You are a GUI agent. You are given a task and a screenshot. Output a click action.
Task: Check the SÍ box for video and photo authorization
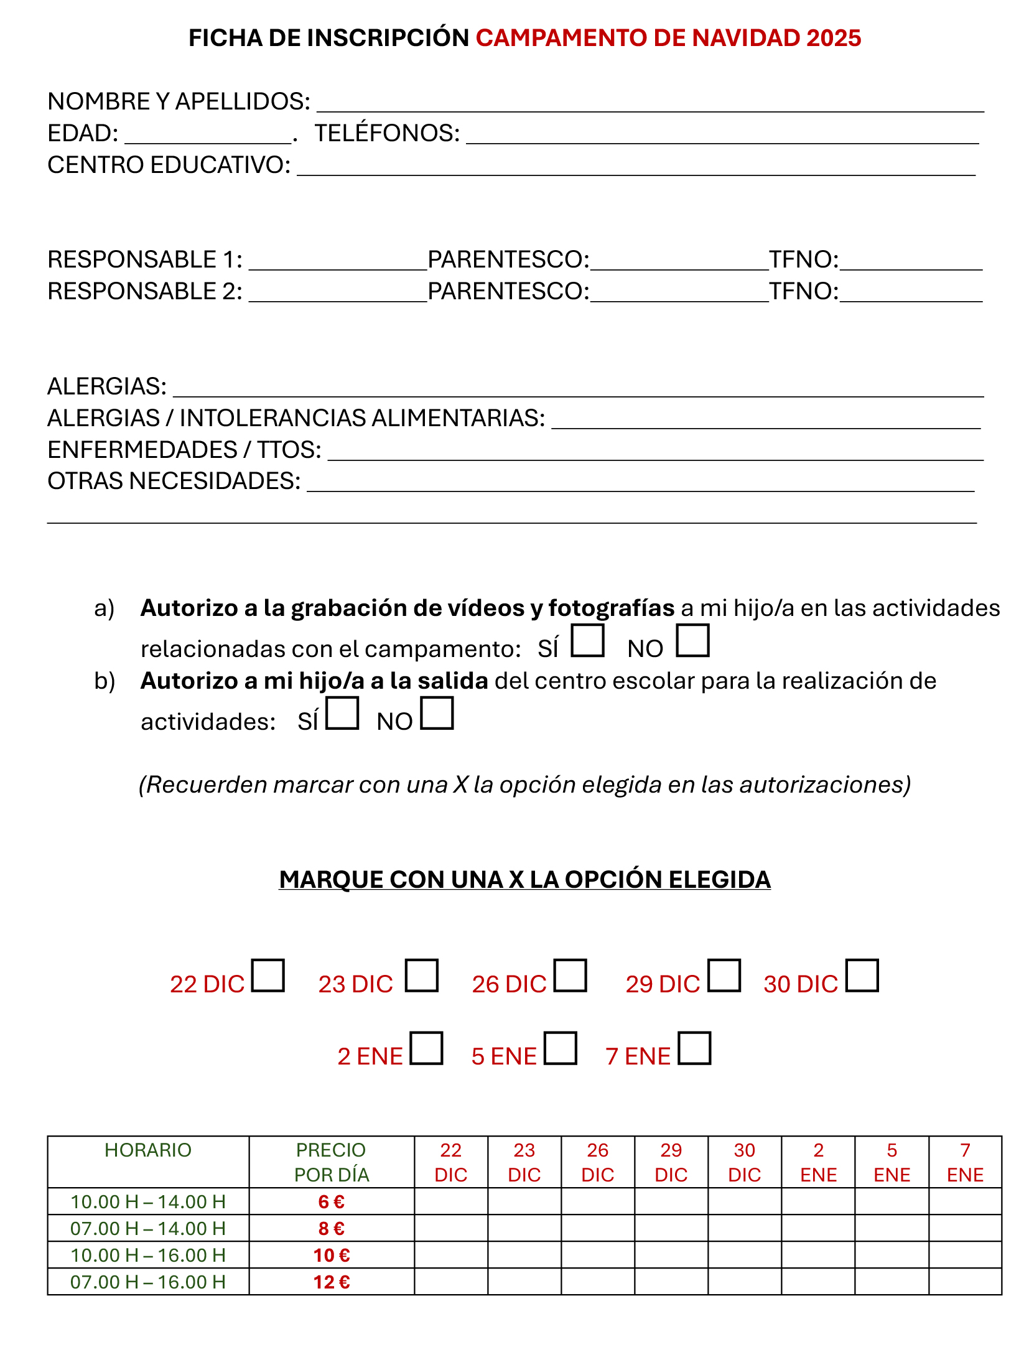587,640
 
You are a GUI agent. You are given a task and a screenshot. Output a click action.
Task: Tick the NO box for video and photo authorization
692,640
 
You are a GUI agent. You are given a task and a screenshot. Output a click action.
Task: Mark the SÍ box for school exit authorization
342,713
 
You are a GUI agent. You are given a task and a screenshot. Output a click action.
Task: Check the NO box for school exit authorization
437,713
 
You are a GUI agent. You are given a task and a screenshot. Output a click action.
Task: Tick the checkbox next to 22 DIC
268,975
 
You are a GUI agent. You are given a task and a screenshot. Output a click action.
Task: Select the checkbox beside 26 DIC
570,975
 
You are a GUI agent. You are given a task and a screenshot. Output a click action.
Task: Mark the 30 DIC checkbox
862,975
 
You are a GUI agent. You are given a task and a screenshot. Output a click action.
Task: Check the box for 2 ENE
426,1048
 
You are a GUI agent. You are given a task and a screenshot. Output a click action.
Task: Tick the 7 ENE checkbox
694,1048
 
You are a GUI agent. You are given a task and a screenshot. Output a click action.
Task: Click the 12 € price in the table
332,1282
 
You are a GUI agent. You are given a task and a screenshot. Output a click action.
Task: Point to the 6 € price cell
332,1201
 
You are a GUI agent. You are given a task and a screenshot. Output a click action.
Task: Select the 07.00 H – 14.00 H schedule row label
148,1228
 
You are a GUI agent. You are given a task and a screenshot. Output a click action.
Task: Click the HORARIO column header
148,1150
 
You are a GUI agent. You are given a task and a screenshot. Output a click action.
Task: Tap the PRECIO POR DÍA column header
332,1162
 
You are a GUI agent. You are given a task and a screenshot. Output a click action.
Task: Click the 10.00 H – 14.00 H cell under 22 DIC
451,1201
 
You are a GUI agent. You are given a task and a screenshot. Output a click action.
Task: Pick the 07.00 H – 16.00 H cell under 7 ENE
965,1282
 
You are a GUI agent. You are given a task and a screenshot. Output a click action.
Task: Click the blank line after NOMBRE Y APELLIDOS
650,105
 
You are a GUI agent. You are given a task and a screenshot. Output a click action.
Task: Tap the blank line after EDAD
208,136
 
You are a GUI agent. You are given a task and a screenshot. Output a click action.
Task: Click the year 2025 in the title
834,38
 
